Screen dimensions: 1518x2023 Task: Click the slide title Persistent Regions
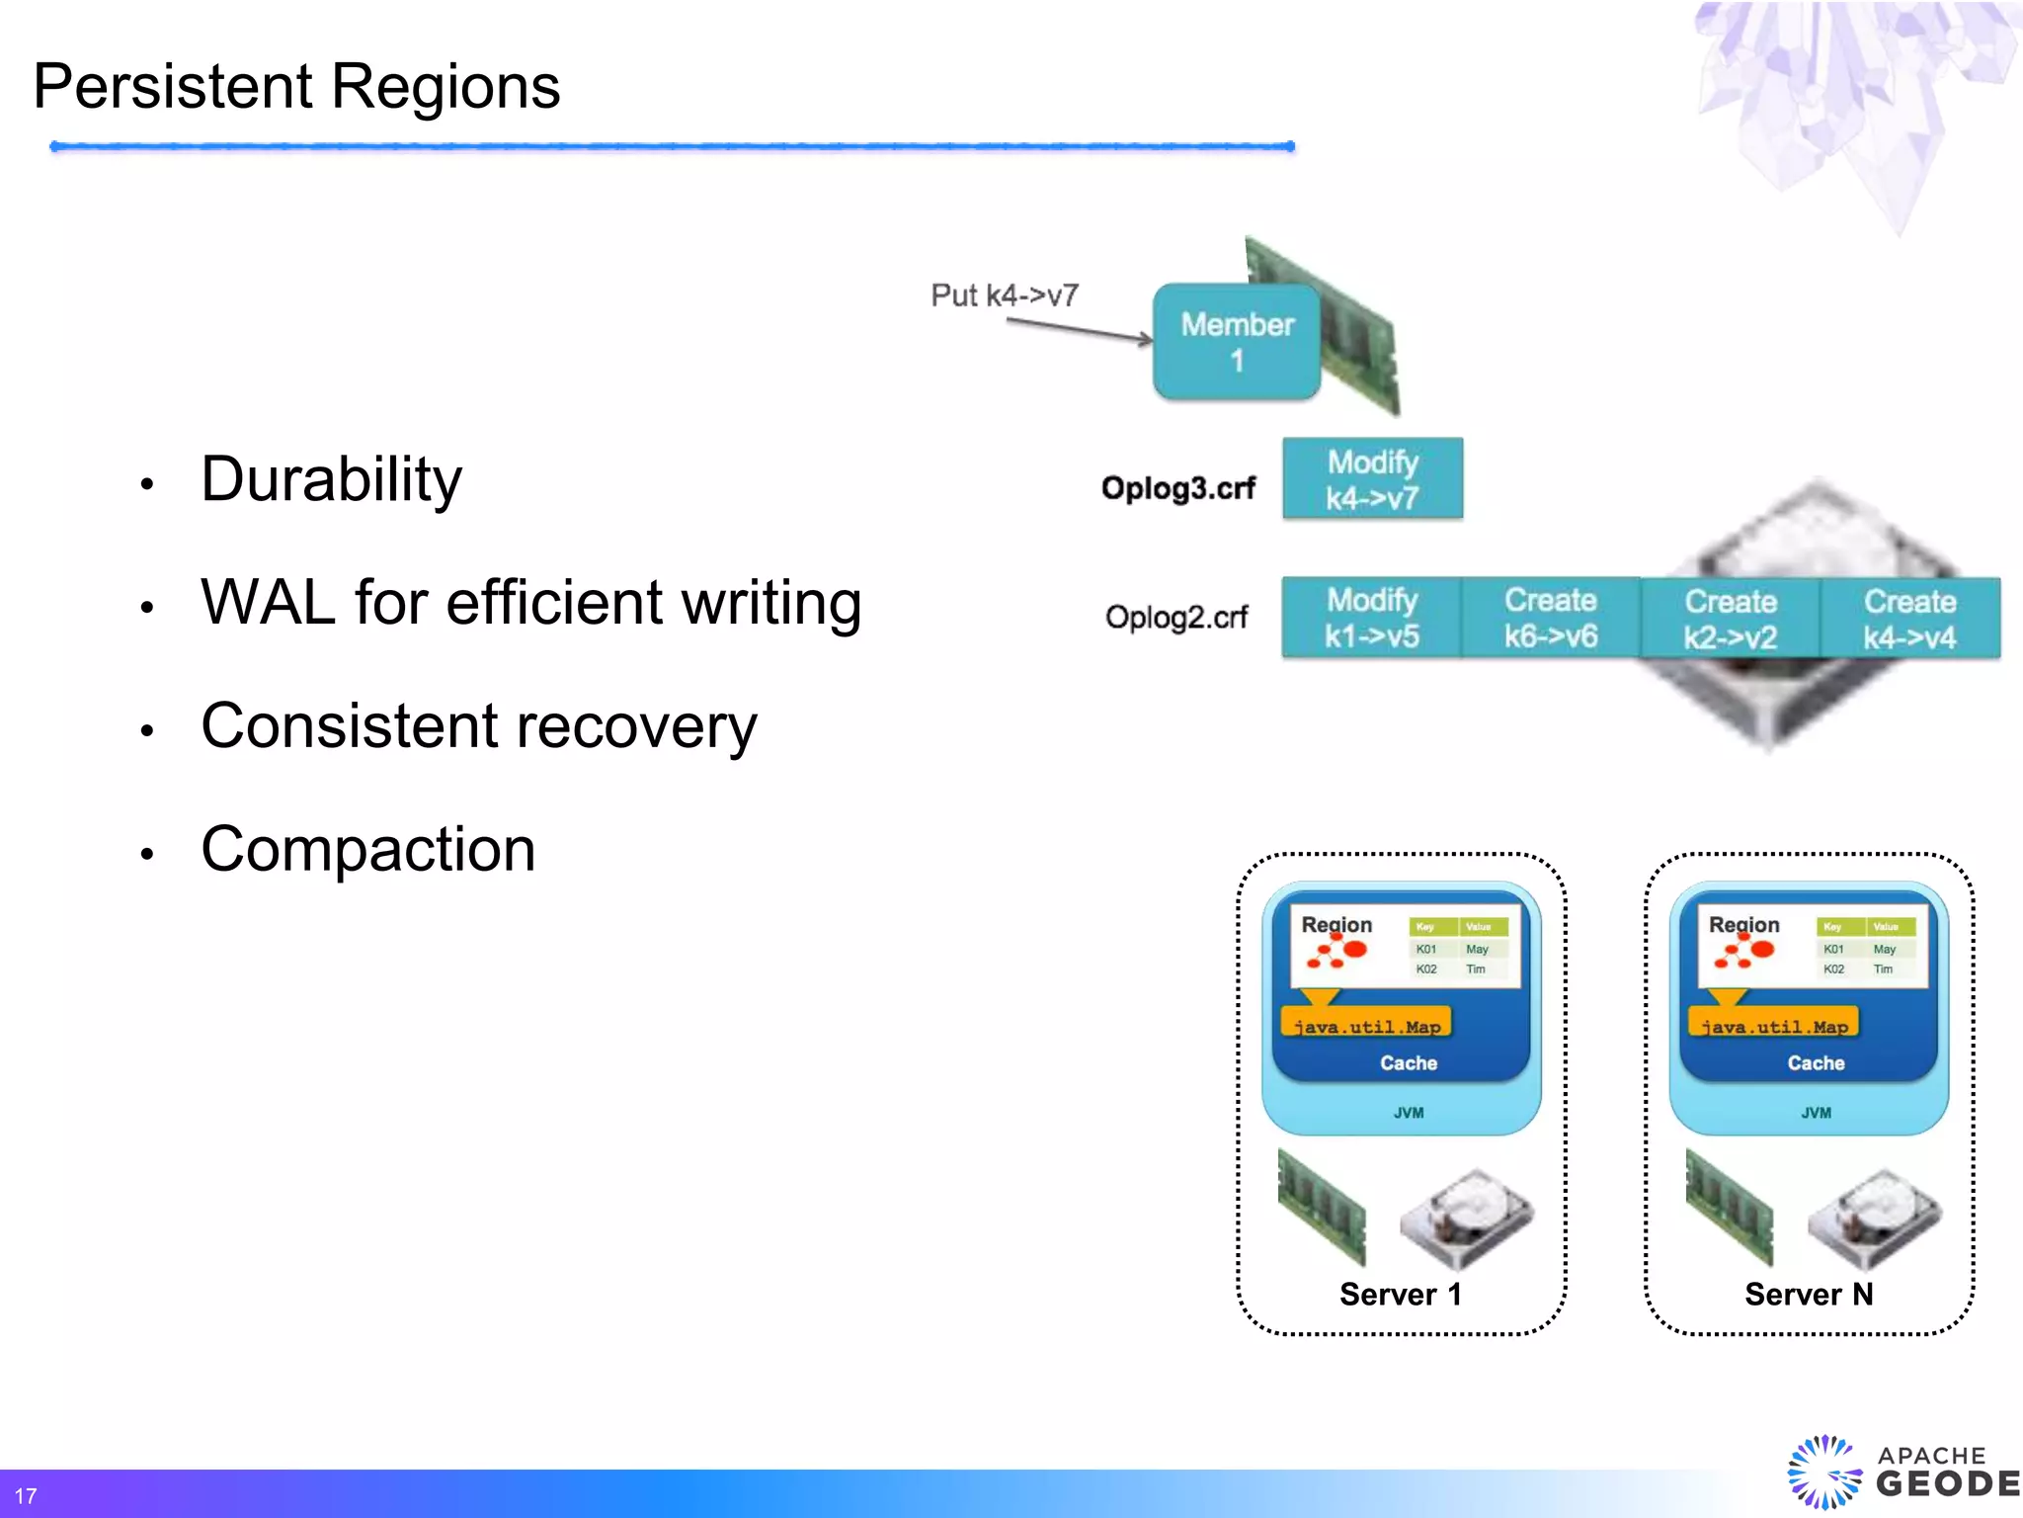tap(296, 87)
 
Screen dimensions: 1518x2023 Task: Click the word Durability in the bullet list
tap(331, 480)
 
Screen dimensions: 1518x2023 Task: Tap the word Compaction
tap(367, 850)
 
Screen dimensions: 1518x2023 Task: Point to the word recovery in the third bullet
tap(636, 727)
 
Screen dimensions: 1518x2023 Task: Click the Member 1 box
tap(1236, 342)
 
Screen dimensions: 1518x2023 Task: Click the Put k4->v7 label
tap(1004, 295)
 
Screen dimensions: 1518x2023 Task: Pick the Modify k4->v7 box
tap(1372, 479)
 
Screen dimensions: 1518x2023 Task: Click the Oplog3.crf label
tap(1177, 488)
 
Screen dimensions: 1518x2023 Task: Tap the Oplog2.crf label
tap(1175, 618)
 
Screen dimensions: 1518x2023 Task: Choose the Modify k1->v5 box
tap(1371, 618)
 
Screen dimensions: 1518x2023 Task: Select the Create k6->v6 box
tap(1550, 618)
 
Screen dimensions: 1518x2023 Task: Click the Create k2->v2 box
tap(1730, 619)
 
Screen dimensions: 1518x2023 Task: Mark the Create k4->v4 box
tap(1909, 619)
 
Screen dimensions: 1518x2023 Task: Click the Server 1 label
tap(1400, 1295)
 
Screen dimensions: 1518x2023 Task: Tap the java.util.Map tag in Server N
tap(1773, 1025)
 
